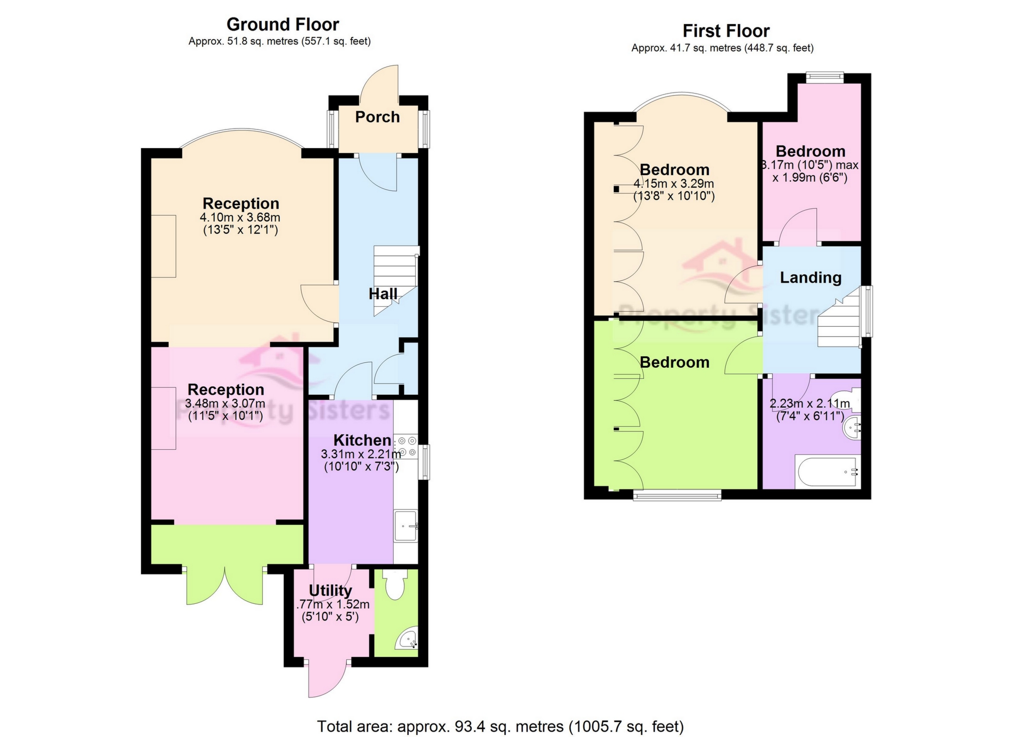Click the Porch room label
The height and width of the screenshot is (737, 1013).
[377, 117]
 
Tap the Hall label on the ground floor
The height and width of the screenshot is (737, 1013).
[383, 294]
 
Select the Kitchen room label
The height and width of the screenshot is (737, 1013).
[362, 440]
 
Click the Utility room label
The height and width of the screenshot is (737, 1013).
[330, 591]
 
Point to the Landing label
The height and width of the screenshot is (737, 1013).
[810, 278]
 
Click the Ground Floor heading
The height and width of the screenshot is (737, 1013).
[283, 24]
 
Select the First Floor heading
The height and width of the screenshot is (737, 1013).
[726, 31]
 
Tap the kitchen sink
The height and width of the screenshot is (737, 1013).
[405, 525]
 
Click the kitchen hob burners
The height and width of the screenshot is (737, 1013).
[406, 446]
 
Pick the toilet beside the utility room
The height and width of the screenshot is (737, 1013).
[395, 585]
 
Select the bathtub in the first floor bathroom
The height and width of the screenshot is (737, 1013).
[827, 472]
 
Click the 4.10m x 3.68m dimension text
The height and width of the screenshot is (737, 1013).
[240, 218]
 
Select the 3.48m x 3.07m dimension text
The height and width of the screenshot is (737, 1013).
[225, 403]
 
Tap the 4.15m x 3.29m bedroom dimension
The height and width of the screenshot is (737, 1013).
[674, 184]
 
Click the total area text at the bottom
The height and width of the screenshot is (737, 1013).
[500, 726]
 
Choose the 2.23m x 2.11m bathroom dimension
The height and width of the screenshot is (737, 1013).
[810, 403]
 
